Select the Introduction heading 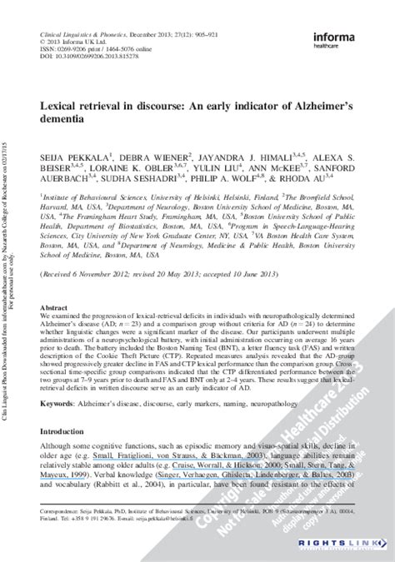[64, 432]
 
